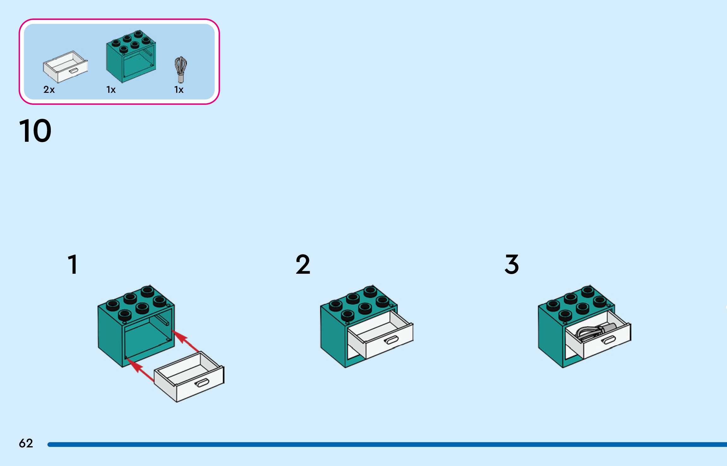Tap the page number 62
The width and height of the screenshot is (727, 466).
click(26, 443)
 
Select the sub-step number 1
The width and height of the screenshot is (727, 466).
click(73, 264)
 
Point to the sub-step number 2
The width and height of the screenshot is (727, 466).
click(303, 264)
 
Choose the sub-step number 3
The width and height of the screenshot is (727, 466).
click(511, 264)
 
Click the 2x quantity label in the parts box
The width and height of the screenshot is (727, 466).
click(49, 90)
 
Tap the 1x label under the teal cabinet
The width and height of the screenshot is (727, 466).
click(111, 90)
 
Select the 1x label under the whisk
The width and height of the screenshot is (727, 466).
click(179, 90)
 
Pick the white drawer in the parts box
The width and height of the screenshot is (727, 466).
click(65, 67)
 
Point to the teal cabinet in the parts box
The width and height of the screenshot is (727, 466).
click(131, 57)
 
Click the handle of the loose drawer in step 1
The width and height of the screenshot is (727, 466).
click(202, 383)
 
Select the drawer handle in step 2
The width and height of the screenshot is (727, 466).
click(392, 340)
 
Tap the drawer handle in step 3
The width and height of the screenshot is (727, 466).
click(609, 340)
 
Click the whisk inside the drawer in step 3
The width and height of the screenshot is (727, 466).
click(593, 332)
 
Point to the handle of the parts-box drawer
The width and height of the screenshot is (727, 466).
click(74, 71)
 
